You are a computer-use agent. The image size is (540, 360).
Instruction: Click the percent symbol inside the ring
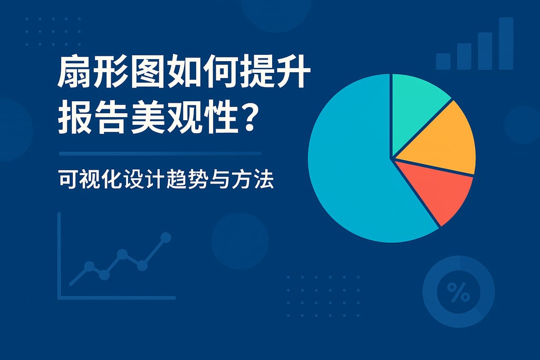458,291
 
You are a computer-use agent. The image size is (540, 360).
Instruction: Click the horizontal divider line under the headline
160,153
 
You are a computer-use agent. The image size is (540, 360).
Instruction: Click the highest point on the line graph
166,237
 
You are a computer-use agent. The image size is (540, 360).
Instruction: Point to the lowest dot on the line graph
104,275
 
